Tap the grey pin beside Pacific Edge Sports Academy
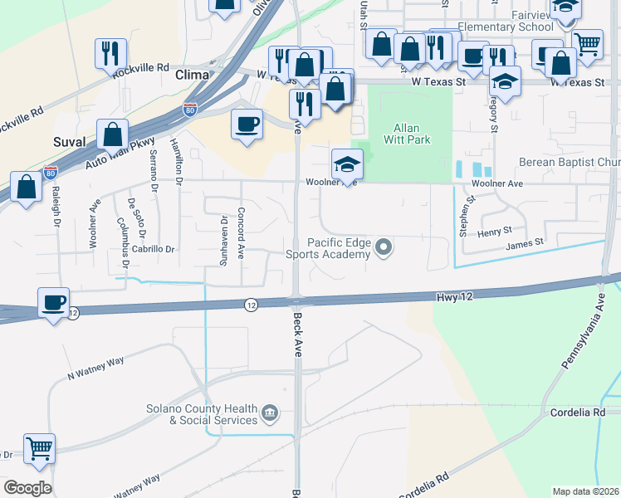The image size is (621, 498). click(x=384, y=247)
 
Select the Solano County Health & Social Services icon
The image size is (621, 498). click(x=269, y=413)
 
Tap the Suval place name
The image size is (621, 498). click(x=70, y=142)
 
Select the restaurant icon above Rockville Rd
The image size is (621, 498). click(x=110, y=53)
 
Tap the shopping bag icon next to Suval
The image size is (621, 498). click(x=112, y=134)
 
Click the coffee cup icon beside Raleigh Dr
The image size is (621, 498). click(x=53, y=301)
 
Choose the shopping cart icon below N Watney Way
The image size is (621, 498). click(x=39, y=447)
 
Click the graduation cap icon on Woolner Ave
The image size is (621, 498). click(x=347, y=164)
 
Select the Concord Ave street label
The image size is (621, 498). click(x=240, y=233)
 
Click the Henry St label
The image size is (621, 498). click(x=496, y=232)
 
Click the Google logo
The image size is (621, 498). click(x=27, y=487)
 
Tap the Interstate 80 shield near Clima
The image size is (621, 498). click(x=190, y=109)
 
